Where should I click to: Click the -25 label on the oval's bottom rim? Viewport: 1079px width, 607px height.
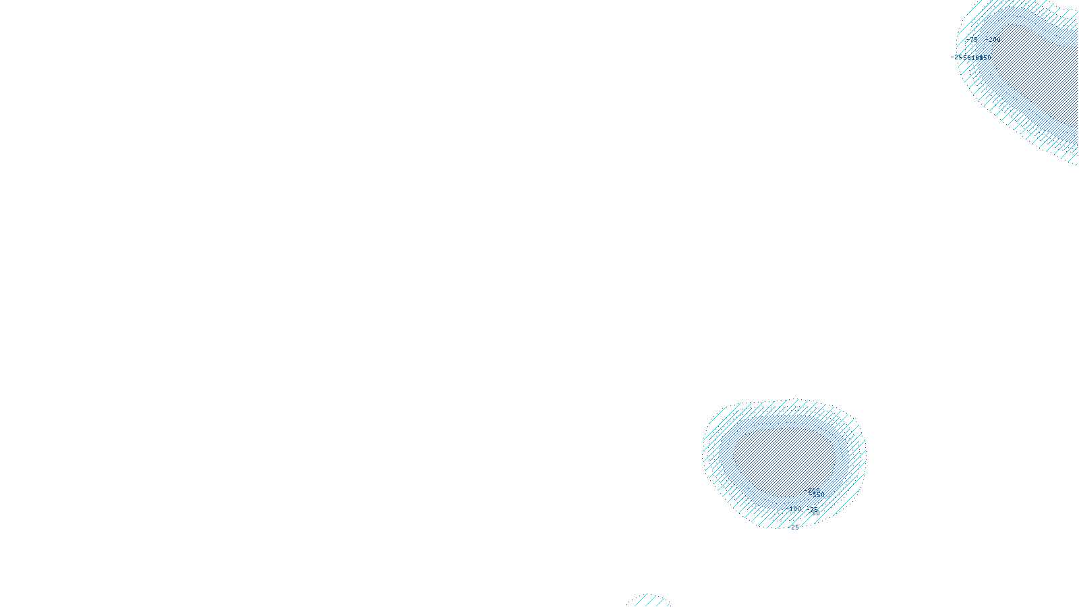pos(794,527)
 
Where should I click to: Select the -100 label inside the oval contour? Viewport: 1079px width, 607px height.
pos(796,509)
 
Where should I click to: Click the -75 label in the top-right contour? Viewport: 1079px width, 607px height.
pos(973,40)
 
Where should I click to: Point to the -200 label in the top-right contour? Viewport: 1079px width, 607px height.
pos(995,40)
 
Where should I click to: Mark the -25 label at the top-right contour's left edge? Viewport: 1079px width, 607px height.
pos(957,57)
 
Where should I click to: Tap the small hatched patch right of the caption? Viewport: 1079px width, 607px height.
pos(649,601)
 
